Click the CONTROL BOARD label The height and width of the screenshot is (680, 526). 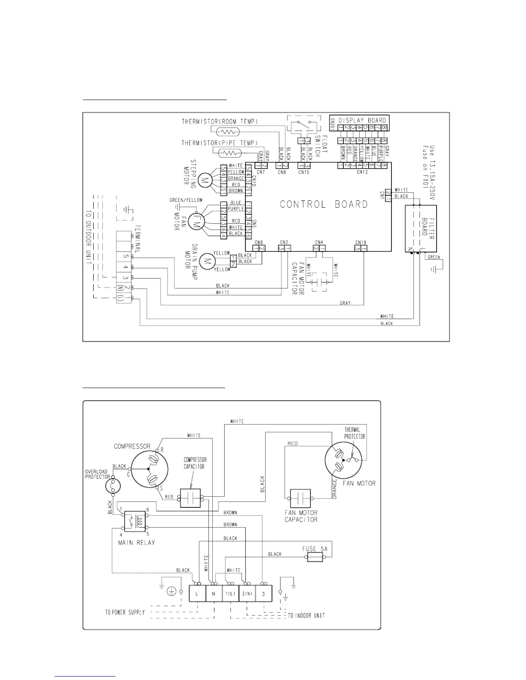pyautogui.click(x=324, y=204)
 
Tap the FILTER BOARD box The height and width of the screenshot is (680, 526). pyautogui.click(x=421, y=228)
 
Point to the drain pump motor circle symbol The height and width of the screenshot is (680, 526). pyautogui.click(x=208, y=260)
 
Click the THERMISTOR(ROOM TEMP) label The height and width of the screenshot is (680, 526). pyautogui.click(x=220, y=121)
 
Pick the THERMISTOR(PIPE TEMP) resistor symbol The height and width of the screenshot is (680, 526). pyautogui.click(x=230, y=153)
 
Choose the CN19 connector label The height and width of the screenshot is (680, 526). pyautogui.click(x=360, y=242)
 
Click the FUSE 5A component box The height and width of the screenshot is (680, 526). pyautogui.click(x=315, y=557)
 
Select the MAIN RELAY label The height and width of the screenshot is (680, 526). pyautogui.click(x=136, y=542)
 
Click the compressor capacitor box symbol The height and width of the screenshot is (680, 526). pyautogui.click(x=190, y=498)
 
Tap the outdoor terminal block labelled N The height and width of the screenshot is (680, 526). pyautogui.click(x=214, y=594)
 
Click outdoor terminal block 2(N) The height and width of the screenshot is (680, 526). pyautogui.click(x=247, y=594)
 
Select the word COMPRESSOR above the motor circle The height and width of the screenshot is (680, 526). pyautogui.click(x=132, y=446)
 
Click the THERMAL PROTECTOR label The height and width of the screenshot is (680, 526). pyautogui.click(x=355, y=433)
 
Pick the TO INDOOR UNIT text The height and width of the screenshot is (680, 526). pyautogui.click(x=306, y=616)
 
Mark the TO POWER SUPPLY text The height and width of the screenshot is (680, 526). pyautogui.click(x=125, y=612)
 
